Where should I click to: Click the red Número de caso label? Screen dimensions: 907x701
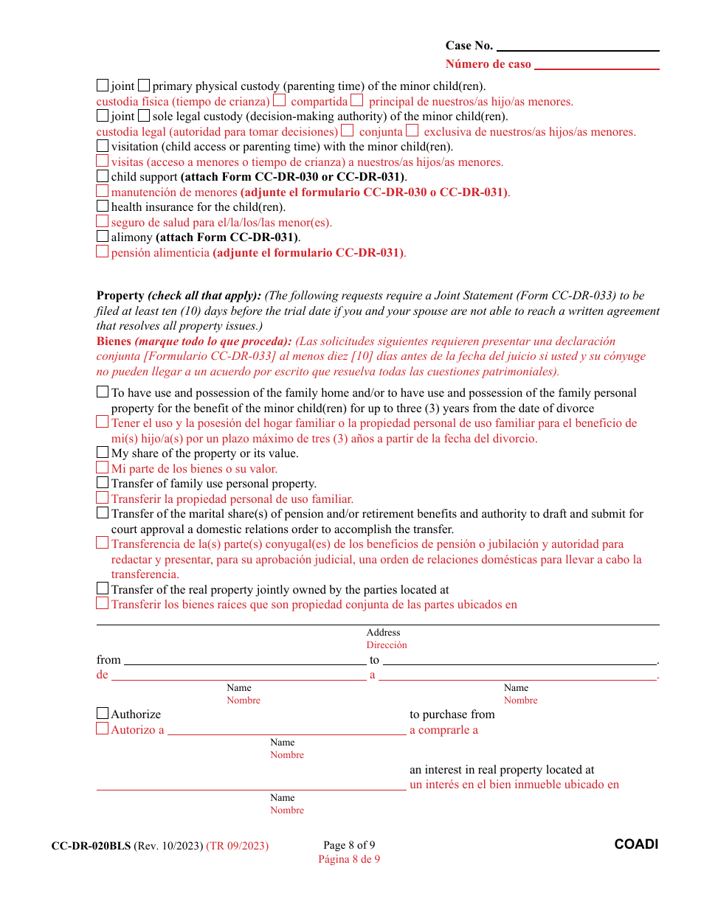pos(488,64)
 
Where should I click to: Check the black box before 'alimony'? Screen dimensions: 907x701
pos(103,237)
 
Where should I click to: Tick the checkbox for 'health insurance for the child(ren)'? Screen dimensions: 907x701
pos(103,206)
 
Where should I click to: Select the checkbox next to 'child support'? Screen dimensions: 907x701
pos(103,176)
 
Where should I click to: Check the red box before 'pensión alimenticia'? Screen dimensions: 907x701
pos(103,251)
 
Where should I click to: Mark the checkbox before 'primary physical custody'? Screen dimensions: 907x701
pos(144,86)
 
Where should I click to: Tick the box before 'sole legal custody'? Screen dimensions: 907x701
pos(144,116)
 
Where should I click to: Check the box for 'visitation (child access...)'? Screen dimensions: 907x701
pos(103,146)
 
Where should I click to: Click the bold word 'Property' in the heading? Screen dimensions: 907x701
pos(120,296)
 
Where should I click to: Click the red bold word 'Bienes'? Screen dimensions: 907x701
pos(114,341)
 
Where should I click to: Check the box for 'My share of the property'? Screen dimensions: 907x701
pos(103,453)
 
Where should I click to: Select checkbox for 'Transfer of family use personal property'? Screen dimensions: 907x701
pos(103,483)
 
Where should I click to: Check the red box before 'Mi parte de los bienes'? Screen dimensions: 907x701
pos(103,468)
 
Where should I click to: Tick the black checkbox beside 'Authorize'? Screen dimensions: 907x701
pos(103,713)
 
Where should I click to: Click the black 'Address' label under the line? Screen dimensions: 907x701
pos(383,633)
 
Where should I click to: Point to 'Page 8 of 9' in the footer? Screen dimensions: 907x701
pos(349,845)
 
